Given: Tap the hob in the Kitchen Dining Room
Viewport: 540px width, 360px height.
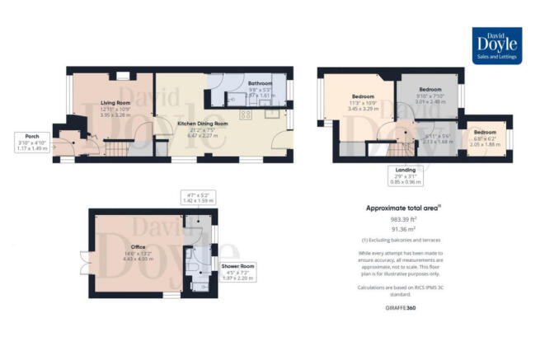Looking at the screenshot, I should click(x=245, y=115).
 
